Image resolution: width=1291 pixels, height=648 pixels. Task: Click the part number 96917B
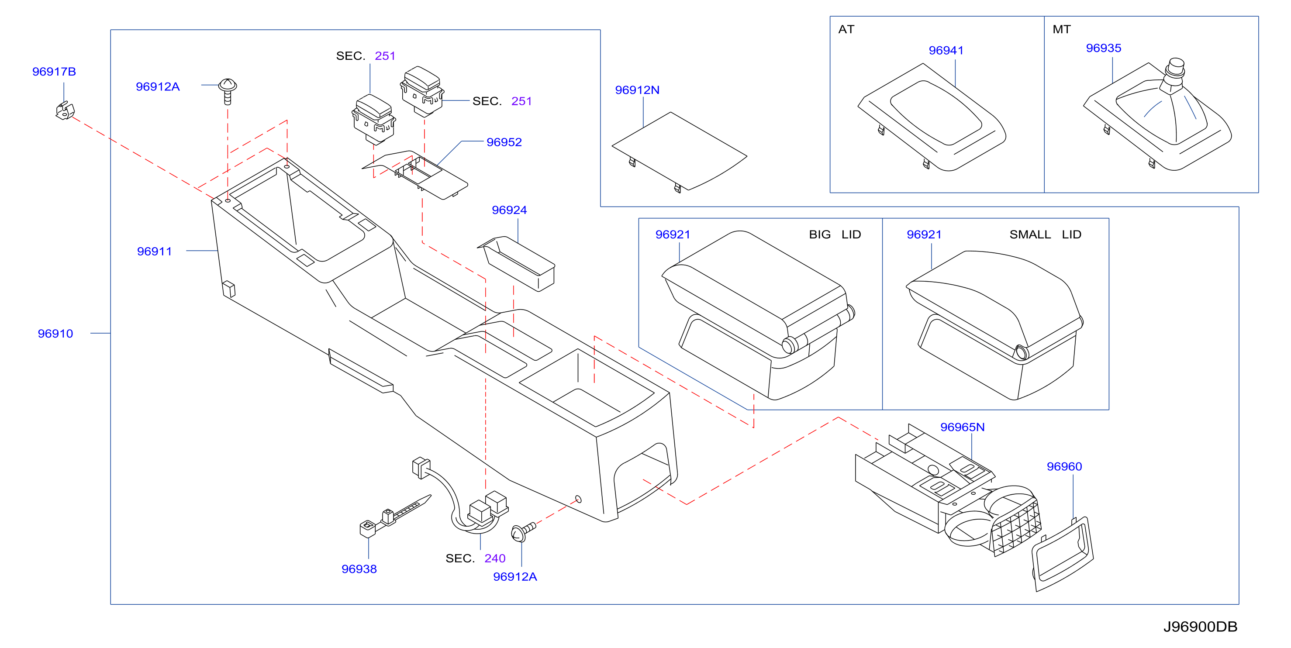click(54, 72)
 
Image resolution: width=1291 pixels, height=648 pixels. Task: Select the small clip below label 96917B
click(65, 111)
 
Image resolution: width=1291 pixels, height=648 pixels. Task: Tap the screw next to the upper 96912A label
click(228, 91)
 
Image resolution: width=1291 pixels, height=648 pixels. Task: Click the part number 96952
click(504, 142)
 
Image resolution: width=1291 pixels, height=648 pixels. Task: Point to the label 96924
click(509, 210)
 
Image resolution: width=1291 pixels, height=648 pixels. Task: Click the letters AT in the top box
click(846, 30)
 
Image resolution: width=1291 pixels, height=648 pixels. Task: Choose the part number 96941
click(946, 51)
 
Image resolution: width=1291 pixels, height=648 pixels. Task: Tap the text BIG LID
click(835, 234)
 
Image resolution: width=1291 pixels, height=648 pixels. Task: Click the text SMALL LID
click(1046, 234)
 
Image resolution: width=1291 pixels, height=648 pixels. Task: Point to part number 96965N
click(962, 427)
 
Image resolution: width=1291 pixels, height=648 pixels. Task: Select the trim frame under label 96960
click(1063, 554)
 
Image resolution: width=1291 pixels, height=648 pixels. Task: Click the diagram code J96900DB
click(1200, 627)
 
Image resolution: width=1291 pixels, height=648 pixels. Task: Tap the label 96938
click(359, 569)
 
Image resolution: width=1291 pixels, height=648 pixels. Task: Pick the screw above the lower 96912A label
click(523, 532)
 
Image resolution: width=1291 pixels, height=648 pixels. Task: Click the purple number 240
click(495, 558)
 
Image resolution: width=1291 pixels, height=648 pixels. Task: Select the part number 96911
click(154, 252)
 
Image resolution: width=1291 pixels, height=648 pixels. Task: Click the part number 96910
click(55, 334)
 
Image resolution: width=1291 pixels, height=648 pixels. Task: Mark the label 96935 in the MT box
click(1104, 48)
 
